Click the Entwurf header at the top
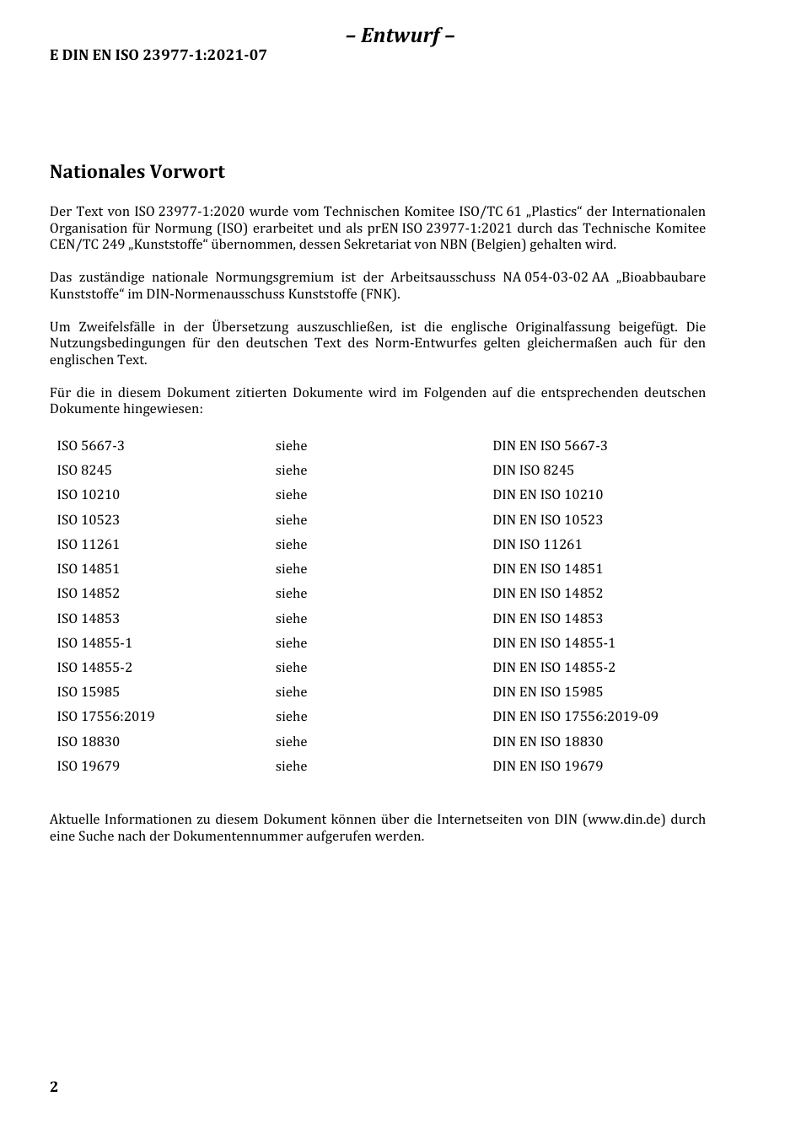click(400, 35)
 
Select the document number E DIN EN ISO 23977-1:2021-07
click(159, 56)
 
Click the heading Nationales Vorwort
click(137, 172)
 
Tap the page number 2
click(54, 1087)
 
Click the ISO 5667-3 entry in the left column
click(90, 446)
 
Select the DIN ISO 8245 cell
click(533, 470)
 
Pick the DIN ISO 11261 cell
click(537, 545)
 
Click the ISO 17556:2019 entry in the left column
click(105, 717)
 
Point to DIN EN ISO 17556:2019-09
click(575, 717)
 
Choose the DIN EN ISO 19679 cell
click(547, 766)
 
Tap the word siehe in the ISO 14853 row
click(291, 619)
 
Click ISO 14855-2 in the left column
click(94, 668)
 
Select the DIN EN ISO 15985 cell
click(547, 692)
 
